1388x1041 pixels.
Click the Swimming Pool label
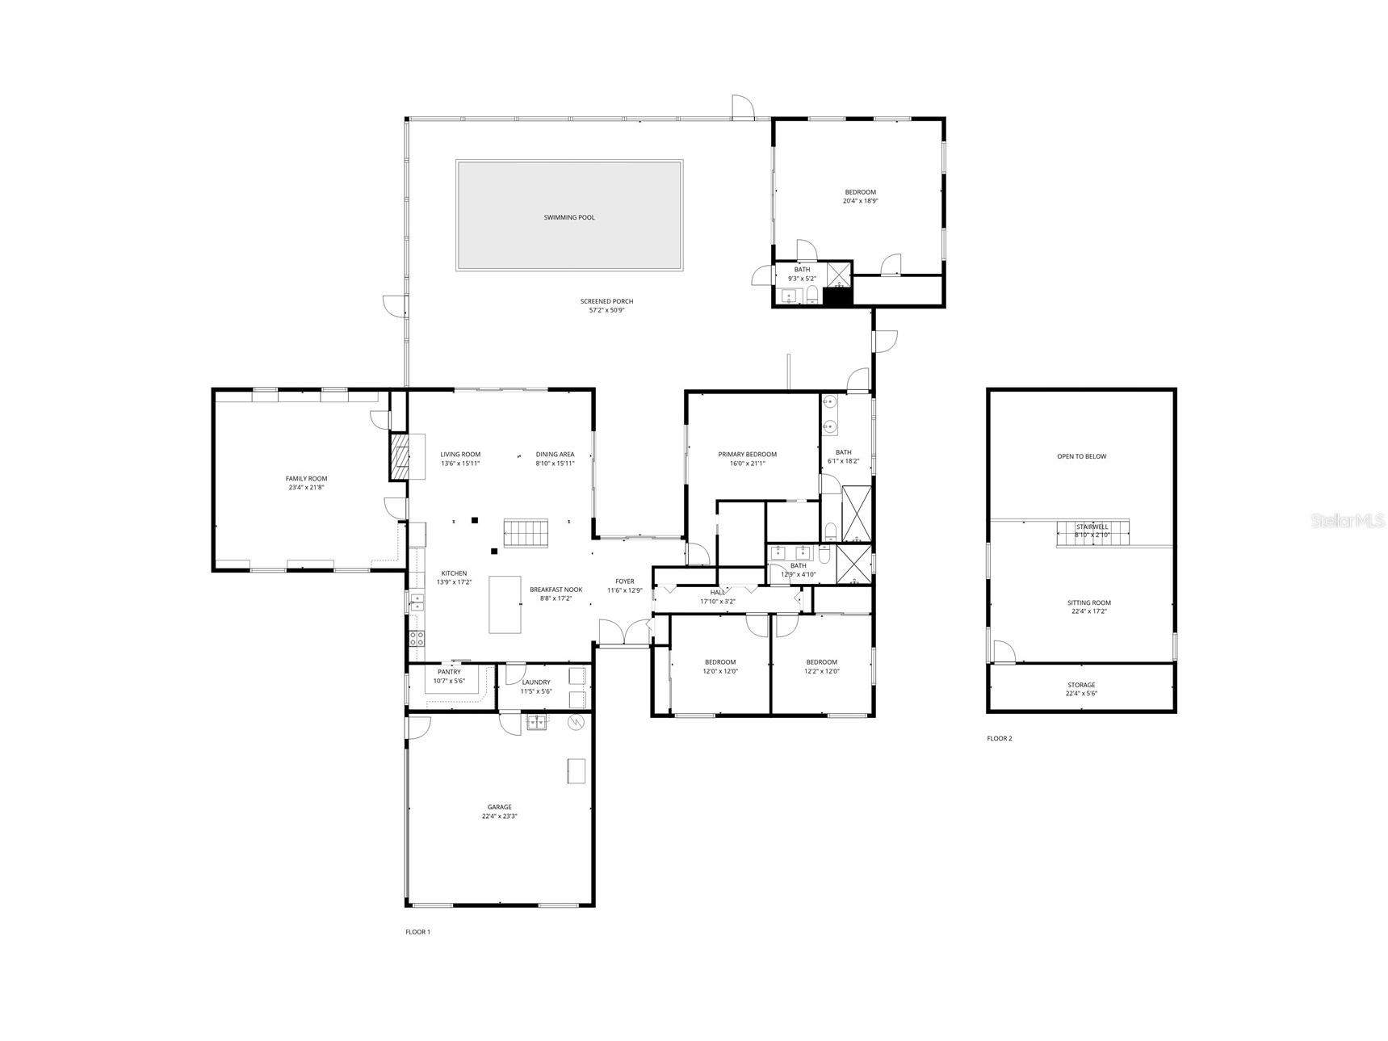(x=569, y=217)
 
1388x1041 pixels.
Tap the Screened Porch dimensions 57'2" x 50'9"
(x=606, y=310)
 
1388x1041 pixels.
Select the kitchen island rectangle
(x=505, y=604)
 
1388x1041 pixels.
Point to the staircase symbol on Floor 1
(x=526, y=533)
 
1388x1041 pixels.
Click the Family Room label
(x=306, y=479)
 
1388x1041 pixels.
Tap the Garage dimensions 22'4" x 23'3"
(x=500, y=816)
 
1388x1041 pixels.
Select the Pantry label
(x=449, y=672)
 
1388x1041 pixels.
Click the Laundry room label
(x=536, y=682)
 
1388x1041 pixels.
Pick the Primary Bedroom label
(x=747, y=455)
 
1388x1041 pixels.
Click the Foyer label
(x=624, y=581)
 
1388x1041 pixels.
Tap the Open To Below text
(x=1081, y=456)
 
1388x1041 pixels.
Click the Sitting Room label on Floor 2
(x=1089, y=602)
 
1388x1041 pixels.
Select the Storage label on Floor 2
(x=1081, y=685)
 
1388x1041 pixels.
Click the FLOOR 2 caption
(x=999, y=738)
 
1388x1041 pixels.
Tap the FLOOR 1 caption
(x=417, y=932)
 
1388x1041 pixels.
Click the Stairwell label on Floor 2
(x=1092, y=527)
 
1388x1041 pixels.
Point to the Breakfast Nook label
(x=556, y=590)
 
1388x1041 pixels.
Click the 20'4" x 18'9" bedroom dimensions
(x=860, y=201)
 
